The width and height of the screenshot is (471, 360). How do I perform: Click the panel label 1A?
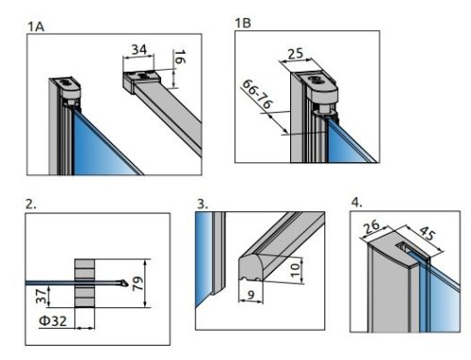coord(36,26)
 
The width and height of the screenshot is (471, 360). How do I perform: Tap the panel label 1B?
coord(243,23)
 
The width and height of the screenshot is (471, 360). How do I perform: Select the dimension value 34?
coord(138,49)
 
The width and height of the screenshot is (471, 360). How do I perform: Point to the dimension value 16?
coord(180,57)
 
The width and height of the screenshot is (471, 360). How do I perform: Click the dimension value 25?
coord(296,54)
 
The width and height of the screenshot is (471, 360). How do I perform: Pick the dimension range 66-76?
coord(257,94)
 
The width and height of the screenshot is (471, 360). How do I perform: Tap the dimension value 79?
coord(138,284)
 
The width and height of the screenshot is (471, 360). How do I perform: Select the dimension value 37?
coord(41,296)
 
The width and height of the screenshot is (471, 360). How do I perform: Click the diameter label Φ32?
coord(53,320)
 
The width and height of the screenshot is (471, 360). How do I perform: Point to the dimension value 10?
coord(295,270)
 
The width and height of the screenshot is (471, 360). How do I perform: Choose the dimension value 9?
coord(251,295)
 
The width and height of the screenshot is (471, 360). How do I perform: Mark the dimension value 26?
coord(371,227)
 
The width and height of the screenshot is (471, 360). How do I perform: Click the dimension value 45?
coord(428,233)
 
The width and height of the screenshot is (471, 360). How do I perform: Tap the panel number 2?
coord(30,205)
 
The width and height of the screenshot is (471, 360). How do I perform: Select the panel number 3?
coord(203,205)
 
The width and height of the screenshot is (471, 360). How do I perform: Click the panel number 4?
coord(356,203)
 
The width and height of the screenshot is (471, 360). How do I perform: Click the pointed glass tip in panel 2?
coord(126,284)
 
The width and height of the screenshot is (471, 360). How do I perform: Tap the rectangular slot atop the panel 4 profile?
coord(405,247)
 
